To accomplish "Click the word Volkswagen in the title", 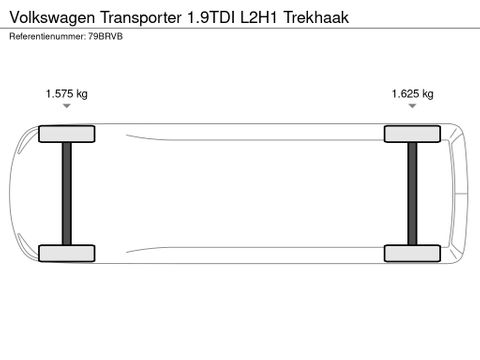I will (47, 17).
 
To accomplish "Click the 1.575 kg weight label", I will (67, 94).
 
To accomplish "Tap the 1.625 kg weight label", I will (412, 94).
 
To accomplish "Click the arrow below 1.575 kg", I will (67, 111).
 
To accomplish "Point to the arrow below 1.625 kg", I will (412, 111).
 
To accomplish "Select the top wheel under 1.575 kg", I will (67, 134).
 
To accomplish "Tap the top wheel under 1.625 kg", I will (412, 134).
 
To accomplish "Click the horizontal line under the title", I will (240, 28).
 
